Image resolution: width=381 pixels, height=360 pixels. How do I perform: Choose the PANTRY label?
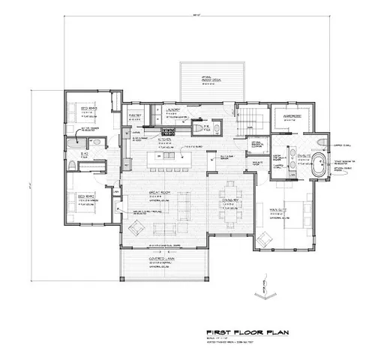pos(136,115)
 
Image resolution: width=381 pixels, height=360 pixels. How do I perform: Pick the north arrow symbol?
pos(263,289)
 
